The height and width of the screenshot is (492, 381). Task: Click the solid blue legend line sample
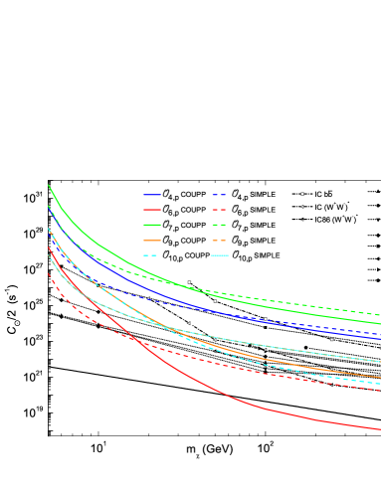tap(151, 195)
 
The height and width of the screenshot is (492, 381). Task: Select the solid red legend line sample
tap(151, 210)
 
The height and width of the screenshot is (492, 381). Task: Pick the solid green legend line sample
tap(151, 225)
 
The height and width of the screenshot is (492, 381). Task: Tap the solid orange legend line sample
tap(151, 241)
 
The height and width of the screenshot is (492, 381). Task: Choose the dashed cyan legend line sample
tap(151, 255)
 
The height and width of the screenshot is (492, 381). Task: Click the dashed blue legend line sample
tap(219, 195)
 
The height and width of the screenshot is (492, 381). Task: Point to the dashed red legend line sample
tap(219, 210)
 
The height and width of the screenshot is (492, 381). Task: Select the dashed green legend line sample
tap(219, 225)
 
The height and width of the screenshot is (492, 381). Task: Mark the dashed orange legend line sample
tap(219, 241)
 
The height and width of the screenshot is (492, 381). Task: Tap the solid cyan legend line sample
tap(219, 255)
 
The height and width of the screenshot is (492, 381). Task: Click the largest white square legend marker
tap(302, 194)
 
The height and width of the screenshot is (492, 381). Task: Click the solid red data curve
tap(249, 403)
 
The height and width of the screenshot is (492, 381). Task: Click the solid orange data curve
tap(298, 364)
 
